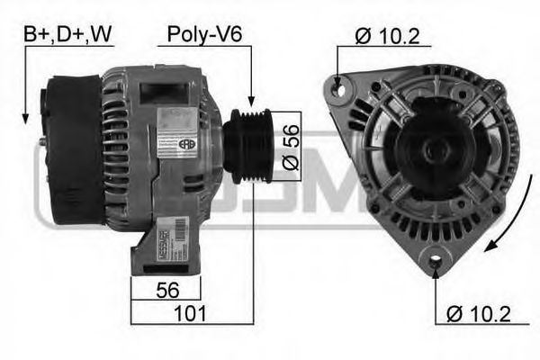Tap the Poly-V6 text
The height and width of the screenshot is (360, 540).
[x=205, y=35]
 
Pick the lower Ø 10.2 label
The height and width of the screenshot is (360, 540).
[x=481, y=314]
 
